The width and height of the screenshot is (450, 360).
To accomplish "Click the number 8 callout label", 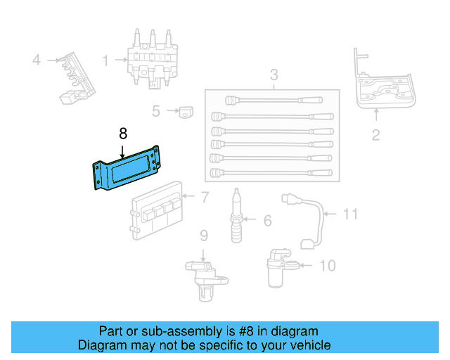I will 123,133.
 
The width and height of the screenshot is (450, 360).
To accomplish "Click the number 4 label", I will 37,60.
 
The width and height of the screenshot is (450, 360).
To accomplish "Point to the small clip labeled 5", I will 186,111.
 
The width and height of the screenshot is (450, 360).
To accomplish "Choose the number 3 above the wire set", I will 274,74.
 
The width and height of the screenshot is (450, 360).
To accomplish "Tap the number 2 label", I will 375,135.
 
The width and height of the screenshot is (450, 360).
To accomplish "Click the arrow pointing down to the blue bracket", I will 123,149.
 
